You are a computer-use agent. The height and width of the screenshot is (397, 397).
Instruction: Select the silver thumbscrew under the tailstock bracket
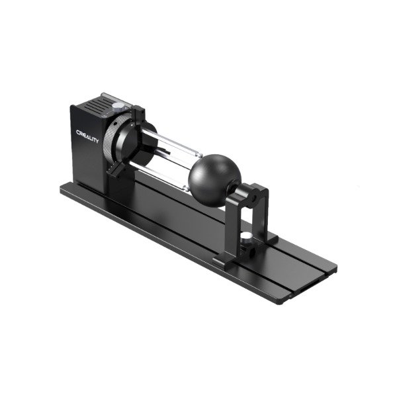point(246,236)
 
